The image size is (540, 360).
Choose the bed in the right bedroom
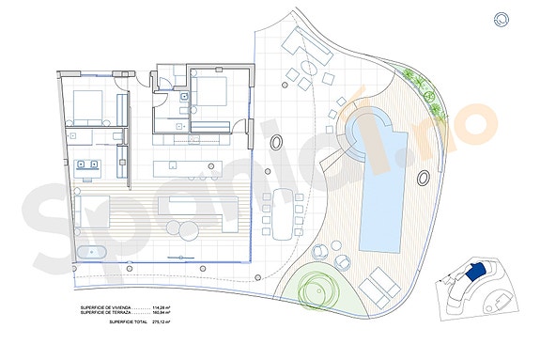pyautogui.click(x=212, y=94)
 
